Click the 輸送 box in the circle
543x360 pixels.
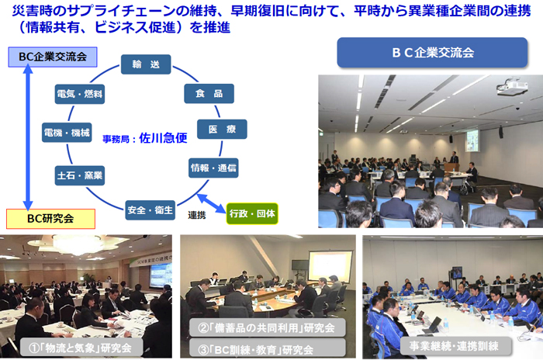(x=146, y=64)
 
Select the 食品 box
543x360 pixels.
(x=209, y=94)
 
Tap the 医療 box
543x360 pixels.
(x=222, y=130)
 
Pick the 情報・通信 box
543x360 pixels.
(x=213, y=168)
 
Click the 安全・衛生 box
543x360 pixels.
(x=150, y=210)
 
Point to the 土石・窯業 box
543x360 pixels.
(x=80, y=175)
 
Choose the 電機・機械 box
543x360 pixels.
(x=67, y=133)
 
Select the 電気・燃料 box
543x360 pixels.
(x=80, y=94)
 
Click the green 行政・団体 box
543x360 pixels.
(x=252, y=213)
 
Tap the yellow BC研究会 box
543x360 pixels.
(x=50, y=219)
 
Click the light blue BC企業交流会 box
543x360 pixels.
(x=53, y=57)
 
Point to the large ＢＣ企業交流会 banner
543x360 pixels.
(x=432, y=53)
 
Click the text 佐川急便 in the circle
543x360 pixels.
(x=163, y=138)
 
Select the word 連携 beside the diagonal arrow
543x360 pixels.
(x=197, y=215)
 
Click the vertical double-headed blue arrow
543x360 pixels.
(x=28, y=137)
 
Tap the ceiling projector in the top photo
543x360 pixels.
(x=512, y=88)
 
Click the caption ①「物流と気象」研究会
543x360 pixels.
(x=81, y=348)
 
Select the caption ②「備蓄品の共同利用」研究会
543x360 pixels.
(x=267, y=327)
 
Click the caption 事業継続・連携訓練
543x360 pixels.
(x=454, y=345)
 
